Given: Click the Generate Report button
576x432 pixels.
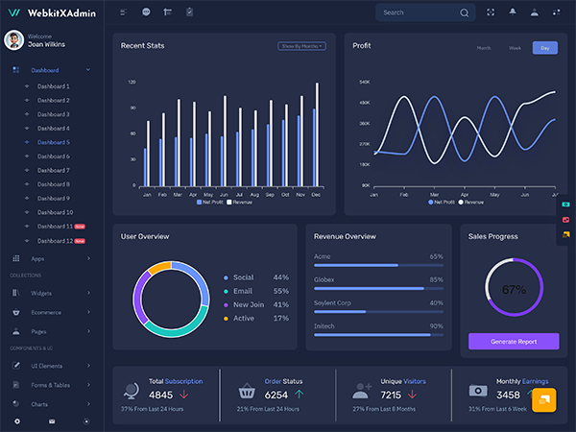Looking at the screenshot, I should pyautogui.click(x=513, y=341).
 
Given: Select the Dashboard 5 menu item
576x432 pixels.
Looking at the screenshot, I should pyautogui.click(x=54, y=142).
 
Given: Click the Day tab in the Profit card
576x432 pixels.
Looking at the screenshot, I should pyautogui.click(x=544, y=48).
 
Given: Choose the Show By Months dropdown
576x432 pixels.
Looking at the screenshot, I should pyautogui.click(x=301, y=46).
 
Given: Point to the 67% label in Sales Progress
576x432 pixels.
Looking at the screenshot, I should pyautogui.click(x=514, y=289).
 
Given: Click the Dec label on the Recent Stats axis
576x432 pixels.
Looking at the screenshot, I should pyautogui.click(x=316, y=195).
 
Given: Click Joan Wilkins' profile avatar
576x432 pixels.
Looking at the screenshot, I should pyautogui.click(x=13, y=39).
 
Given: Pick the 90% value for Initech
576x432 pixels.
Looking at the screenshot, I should pyautogui.click(x=436, y=326).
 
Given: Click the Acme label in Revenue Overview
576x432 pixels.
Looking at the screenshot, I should pyautogui.click(x=323, y=256).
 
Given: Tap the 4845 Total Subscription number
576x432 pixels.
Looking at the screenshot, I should pyautogui.click(x=160, y=395).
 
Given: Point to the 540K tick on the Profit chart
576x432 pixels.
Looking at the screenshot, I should pyautogui.click(x=364, y=82).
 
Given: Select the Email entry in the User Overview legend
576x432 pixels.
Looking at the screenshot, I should pyautogui.click(x=243, y=291).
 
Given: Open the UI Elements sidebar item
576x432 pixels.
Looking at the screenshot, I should pyautogui.click(x=51, y=366).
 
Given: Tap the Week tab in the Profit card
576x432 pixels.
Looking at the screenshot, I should pyautogui.click(x=515, y=48).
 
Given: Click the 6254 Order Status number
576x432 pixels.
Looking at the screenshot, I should pyautogui.click(x=276, y=395).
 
